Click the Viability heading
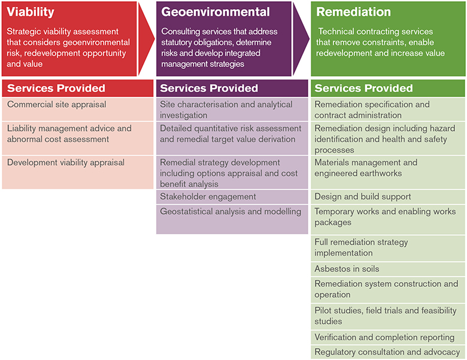click(x=31, y=12)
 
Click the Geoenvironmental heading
click(x=216, y=12)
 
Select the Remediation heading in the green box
click(x=353, y=12)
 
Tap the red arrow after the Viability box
click(x=147, y=38)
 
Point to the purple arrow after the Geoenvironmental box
click(x=301, y=38)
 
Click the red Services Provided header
click(x=78, y=88)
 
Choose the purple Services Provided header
click(x=232, y=88)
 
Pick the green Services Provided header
click(x=388, y=88)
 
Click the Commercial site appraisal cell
click(x=78, y=110)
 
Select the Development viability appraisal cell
click(x=78, y=173)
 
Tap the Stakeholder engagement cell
click(x=232, y=196)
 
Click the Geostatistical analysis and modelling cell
click(x=232, y=219)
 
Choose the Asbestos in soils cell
click(x=388, y=269)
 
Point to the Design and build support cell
click(x=388, y=196)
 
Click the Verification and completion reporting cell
click(x=388, y=337)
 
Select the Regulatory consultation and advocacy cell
click(x=388, y=352)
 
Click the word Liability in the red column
click(x=22, y=128)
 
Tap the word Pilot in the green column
click(x=322, y=310)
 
